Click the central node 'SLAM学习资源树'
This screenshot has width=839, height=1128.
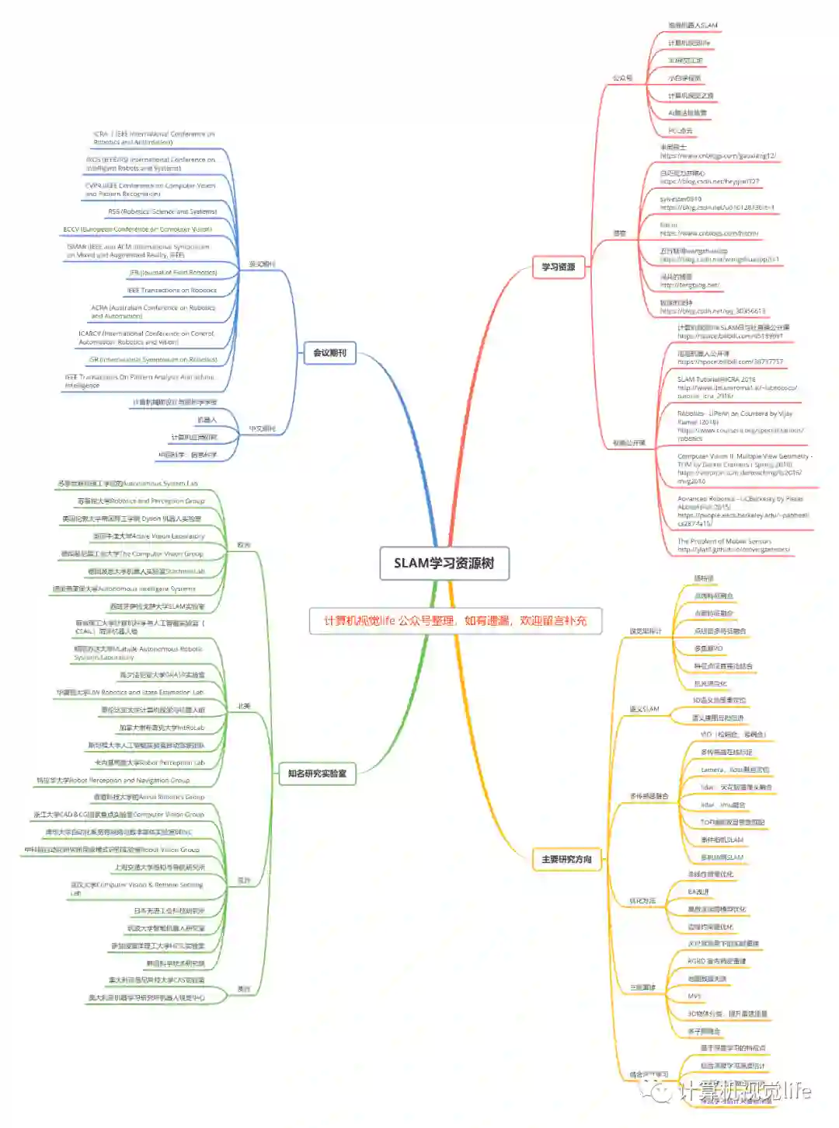point(444,563)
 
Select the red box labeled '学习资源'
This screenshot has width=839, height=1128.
point(558,267)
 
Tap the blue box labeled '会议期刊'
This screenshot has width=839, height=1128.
point(329,353)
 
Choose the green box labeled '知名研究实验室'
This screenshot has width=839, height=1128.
point(317,773)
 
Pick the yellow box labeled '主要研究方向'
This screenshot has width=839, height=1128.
point(566,859)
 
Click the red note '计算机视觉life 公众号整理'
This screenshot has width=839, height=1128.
point(455,620)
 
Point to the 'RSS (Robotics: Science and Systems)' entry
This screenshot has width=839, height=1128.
point(162,211)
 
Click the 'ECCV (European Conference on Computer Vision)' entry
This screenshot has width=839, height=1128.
point(138,229)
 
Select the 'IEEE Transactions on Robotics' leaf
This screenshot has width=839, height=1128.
point(172,290)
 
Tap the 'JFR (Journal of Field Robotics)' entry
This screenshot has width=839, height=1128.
point(172,273)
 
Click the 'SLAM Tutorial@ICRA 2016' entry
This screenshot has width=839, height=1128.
point(715,379)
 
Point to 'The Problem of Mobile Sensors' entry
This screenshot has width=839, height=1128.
point(724,541)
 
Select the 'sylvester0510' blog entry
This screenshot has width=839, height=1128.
point(681,199)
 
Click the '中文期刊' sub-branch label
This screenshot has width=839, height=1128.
point(262,428)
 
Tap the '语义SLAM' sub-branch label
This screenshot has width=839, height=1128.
point(644,709)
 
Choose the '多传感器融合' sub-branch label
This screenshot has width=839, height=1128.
point(649,796)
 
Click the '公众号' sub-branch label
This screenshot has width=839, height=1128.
point(622,78)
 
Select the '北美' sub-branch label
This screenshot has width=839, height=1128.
point(244,706)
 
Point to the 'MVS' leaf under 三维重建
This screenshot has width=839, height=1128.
point(695,996)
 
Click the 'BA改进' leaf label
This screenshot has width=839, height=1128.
point(698,892)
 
